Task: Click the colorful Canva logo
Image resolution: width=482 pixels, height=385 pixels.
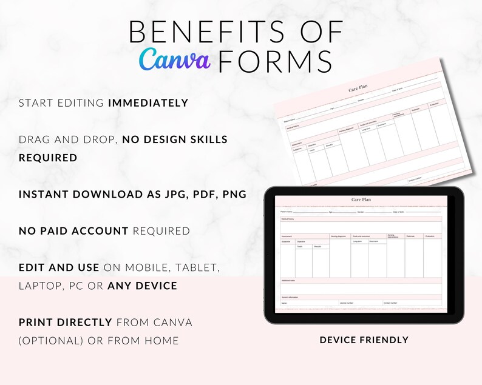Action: pyautogui.click(x=174, y=59)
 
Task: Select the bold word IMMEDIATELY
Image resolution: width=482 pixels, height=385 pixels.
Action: pyautogui.click(x=148, y=103)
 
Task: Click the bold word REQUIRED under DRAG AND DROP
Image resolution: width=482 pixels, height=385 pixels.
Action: pyautogui.click(x=48, y=158)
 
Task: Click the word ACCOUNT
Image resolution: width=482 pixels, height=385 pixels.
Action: pyautogui.click(x=100, y=231)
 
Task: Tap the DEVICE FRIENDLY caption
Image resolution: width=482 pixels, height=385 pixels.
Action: pyautogui.click(x=364, y=340)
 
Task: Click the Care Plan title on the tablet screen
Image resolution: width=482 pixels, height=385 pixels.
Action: pyautogui.click(x=361, y=199)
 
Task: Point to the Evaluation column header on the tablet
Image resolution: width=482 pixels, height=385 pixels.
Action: pyautogui.click(x=430, y=236)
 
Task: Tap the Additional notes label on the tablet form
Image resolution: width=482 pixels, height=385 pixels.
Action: pyautogui.click(x=288, y=281)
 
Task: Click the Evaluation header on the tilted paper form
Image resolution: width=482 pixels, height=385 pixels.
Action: pyautogui.click(x=434, y=105)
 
